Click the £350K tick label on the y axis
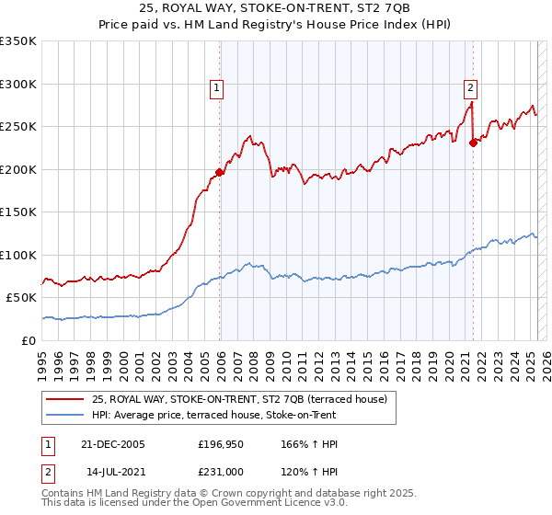tap(18, 41)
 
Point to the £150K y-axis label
tap(18, 212)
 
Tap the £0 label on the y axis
tap(29, 340)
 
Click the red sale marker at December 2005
tap(220, 171)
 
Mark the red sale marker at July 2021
tap(473, 143)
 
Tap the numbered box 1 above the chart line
tap(217, 88)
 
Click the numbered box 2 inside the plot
tap(470, 88)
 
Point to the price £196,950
tap(220, 444)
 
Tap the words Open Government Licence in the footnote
tap(226, 504)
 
